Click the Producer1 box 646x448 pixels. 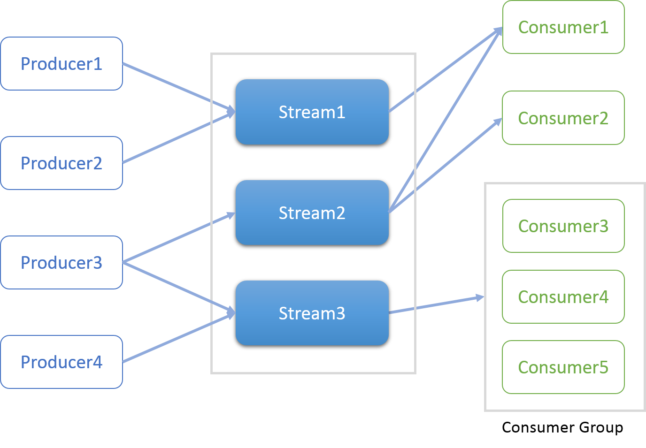62,64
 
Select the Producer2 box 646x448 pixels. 62,163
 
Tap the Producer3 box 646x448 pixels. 62,263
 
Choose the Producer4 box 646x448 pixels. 62,362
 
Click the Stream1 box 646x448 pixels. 312,112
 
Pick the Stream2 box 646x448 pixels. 312,213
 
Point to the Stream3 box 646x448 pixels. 312,313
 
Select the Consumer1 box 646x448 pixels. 563,27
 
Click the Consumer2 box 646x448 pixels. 563,118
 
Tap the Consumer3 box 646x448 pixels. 563,226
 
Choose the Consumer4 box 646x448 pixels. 563,297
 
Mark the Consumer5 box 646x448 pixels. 563,367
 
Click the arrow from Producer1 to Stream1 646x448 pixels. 178,87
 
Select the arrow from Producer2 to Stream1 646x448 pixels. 178,138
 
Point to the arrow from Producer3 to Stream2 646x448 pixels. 178,238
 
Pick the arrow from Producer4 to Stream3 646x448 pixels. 178,338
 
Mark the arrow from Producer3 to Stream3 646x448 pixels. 178,287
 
